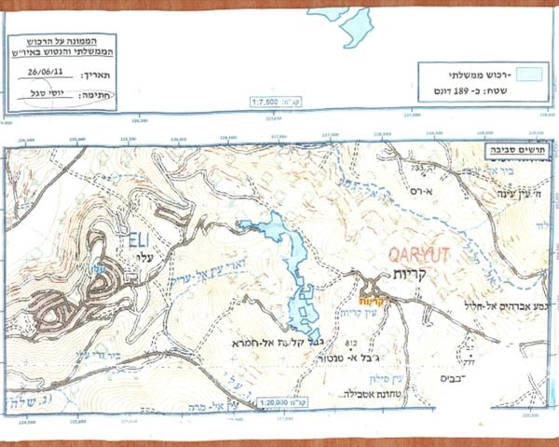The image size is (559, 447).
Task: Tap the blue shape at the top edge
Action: click(x=354, y=28)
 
